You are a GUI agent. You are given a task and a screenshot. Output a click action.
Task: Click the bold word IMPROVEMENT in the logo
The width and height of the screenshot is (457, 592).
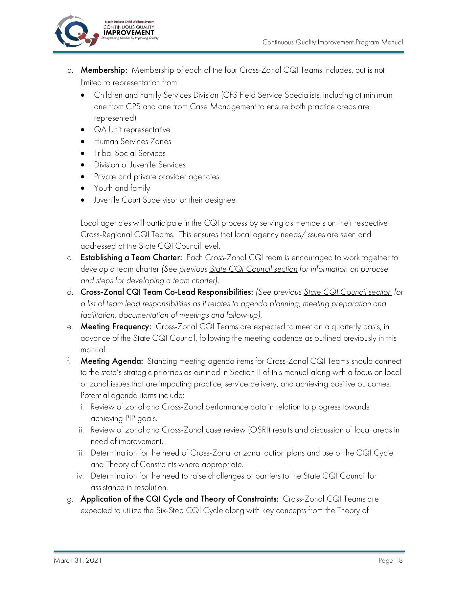[128, 33]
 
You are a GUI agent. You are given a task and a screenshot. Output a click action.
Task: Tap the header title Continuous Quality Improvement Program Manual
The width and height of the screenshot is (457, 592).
[332, 42]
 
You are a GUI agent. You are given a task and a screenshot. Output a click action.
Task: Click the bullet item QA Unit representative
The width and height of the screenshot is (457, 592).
[132, 130]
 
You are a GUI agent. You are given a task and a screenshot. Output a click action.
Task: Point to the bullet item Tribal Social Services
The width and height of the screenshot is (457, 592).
[129, 153]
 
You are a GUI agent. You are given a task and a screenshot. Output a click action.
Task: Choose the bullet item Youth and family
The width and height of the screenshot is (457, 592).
[122, 188]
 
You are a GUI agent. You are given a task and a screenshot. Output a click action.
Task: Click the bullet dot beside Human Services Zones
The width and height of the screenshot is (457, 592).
[83, 142]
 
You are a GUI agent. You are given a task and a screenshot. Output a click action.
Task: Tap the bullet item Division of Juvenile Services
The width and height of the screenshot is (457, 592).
[140, 165]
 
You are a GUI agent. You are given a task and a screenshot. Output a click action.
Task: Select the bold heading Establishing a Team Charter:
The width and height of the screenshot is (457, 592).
[131, 258]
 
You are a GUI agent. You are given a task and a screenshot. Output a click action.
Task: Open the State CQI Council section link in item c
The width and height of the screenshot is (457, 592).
[253, 269]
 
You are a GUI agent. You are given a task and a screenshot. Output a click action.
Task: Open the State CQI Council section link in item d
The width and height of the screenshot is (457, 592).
[348, 292]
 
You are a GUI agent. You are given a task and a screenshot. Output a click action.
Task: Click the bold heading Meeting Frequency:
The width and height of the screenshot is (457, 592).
[116, 327]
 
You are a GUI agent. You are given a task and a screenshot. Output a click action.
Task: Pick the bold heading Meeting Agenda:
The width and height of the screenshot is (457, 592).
[112, 361]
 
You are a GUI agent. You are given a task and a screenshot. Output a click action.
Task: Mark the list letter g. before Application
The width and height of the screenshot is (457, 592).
[70, 499]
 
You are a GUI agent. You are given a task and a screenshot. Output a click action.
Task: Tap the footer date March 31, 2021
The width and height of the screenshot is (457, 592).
[78, 560]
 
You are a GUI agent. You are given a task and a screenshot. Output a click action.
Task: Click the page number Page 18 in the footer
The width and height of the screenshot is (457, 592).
[390, 560]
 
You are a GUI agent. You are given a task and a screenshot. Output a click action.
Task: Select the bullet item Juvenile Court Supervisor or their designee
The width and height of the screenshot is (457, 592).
[165, 200]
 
